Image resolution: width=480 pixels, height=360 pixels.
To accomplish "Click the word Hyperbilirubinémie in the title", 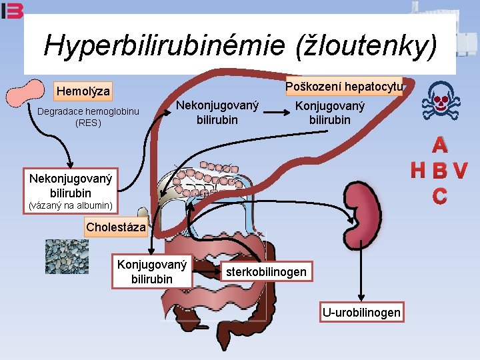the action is (x=165, y=45).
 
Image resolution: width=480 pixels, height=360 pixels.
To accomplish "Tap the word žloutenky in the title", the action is (x=367, y=45).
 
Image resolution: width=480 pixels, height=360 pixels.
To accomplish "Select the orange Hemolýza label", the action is (x=83, y=91).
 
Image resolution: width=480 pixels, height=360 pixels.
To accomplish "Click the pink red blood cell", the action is (x=25, y=93).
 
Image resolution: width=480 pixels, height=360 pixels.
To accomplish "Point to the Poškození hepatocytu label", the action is (x=344, y=86).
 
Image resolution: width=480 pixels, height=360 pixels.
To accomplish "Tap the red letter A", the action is (x=440, y=145).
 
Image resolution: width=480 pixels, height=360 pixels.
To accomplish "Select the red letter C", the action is (x=440, y=196).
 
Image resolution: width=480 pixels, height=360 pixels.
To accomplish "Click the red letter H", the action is (x=418, y=170).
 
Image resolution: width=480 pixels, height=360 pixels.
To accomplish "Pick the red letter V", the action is (x=460, y=170).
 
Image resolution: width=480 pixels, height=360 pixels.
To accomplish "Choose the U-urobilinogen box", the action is (x=361, y=312).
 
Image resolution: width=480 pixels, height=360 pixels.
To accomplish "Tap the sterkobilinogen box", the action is (x=266, y=271).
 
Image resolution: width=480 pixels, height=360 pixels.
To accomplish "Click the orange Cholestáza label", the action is (x=116, y=227).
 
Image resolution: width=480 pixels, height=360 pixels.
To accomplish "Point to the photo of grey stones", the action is (x=67, y=257).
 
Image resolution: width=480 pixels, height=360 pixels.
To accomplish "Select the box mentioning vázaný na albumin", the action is (x=71, y=191).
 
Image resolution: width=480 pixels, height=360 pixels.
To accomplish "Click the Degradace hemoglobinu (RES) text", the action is (x=88, y=117).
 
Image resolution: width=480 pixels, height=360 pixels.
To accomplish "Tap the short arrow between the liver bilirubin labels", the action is (x=277, y=113).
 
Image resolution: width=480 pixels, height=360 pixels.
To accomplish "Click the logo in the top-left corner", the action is (x=12, y=11).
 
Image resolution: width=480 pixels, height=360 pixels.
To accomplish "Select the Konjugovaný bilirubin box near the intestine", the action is (x=152, y=271).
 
